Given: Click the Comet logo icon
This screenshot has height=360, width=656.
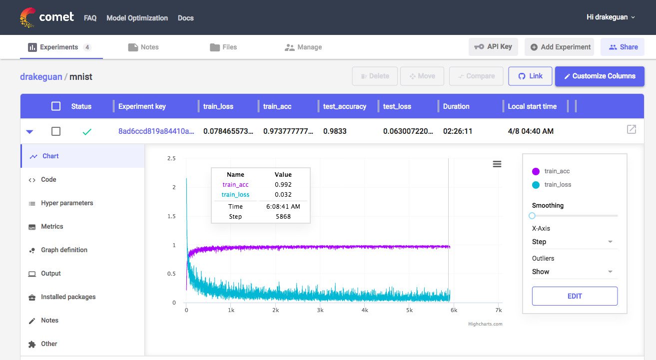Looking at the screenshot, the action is click(27, 17).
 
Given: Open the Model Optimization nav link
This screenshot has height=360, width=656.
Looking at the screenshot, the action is click(137, 18).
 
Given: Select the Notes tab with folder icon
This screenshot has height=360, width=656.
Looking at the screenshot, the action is click(143, 47).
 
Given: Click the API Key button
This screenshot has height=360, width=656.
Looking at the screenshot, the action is click(493, 47).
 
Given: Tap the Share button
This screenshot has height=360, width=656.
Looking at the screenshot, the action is click(623, 47).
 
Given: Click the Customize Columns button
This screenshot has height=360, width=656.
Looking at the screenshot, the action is click(600, 76).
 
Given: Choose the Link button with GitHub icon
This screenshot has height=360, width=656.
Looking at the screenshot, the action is click(530, 76).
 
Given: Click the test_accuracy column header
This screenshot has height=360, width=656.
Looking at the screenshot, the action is click(344, 106).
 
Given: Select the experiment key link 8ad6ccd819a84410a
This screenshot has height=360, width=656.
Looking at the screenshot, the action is click(156, 131).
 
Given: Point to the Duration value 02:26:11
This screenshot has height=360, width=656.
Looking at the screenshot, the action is click(458, 131).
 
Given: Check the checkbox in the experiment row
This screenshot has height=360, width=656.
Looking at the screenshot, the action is click(56, 131).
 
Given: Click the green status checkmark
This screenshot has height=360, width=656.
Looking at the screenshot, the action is click(87, 132).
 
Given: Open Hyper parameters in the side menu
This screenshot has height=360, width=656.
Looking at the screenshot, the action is click(67, 203).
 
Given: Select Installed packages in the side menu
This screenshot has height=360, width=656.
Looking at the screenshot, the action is click(68, 297).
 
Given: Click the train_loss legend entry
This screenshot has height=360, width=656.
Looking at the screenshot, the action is click(552, 185).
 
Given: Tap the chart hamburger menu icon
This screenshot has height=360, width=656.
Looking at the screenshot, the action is click(497, 164).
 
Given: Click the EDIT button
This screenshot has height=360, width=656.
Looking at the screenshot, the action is click(575, 296).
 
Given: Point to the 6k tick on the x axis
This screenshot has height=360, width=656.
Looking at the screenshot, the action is click(454, 310).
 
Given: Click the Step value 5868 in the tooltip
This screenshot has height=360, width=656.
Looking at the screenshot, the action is click(283, 217).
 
